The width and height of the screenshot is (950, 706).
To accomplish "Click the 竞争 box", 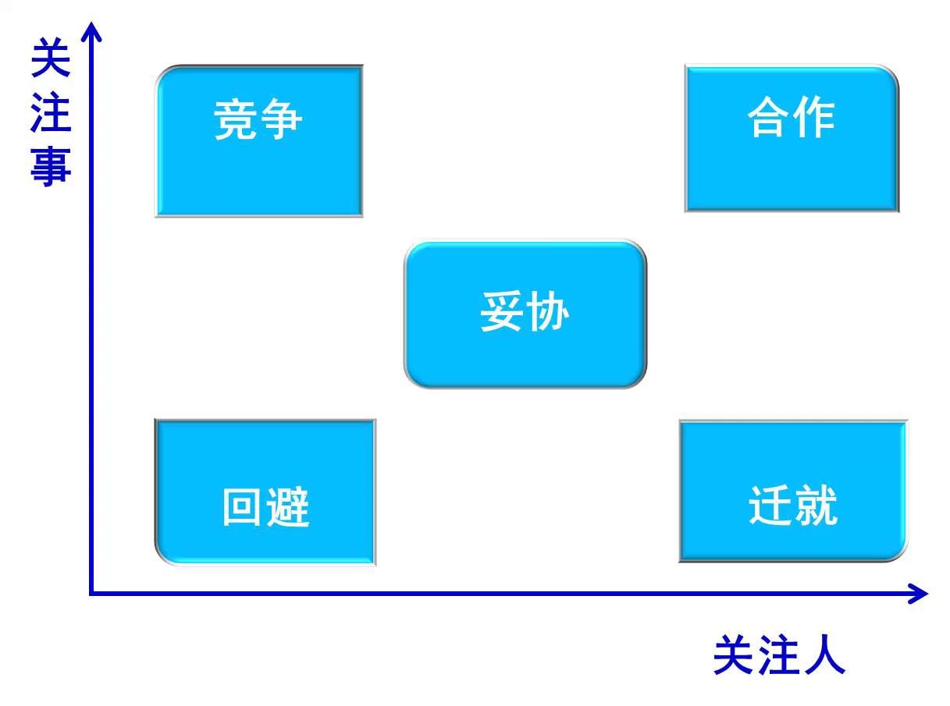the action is click(258, 141).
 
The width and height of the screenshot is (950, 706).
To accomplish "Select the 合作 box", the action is click(792, 138).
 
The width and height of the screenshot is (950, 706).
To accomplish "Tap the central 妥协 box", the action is click(525, 314).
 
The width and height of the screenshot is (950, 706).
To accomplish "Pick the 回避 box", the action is click(265, 492).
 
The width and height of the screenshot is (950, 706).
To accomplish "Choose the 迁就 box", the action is click(793, 491).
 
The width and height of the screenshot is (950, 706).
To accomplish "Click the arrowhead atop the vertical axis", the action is click(91, 32).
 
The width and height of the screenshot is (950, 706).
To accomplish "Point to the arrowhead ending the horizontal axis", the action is click(918, 594).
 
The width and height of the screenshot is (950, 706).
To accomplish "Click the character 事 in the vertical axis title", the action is click(51, 166).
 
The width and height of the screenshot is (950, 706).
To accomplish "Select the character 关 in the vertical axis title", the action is click(51, 58).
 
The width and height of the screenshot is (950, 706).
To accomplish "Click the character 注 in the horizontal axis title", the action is click(780, 655).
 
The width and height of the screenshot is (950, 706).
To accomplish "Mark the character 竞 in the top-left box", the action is click(235, 119).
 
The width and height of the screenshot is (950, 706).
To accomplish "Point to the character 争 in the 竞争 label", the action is click(281, 119).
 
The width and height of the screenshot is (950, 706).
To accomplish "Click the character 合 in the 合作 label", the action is click(769, 116).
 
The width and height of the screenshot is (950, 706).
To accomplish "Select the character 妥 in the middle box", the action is click(502, 311).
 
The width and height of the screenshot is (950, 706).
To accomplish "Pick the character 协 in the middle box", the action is click(547, 311).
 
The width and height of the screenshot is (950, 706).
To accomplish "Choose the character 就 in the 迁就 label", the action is click(816, 505).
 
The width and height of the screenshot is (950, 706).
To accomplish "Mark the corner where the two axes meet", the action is click(91, 594).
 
